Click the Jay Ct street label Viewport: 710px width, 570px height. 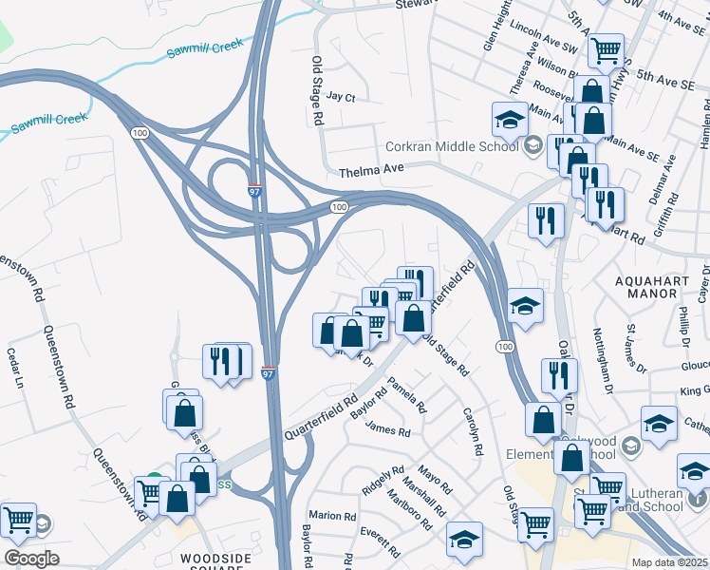click(x=340, y=97)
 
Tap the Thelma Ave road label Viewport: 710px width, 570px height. click(x=372, y=168)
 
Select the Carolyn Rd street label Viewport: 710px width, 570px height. click(x=470, y=430)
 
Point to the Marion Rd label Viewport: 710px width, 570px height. click(x=331, y=516)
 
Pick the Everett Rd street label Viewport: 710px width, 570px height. click(x=380, y=542)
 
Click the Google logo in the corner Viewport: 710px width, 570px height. click(x=31, y=559)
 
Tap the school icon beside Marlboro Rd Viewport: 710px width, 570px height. click(x=463, y=540)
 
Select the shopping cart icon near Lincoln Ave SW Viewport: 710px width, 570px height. click(x=605, y=49)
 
